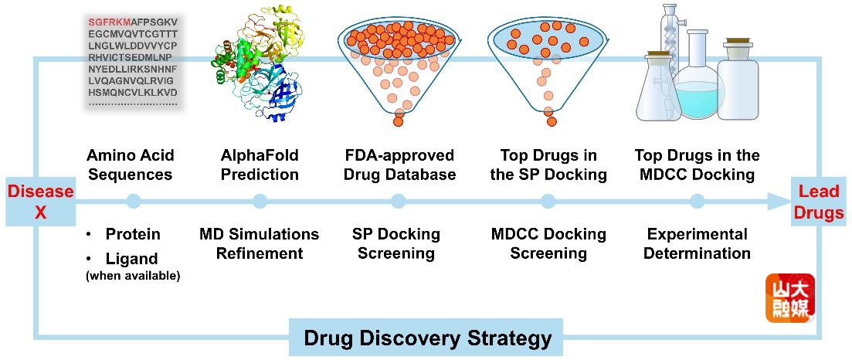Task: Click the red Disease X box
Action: pos(39,202)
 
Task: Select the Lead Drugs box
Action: pos(820,202)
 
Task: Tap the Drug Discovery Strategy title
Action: pos(427,338)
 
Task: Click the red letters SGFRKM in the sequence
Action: pos(108,22)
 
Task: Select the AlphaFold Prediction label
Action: pos(260,165)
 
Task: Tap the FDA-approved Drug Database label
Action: pos(399,165)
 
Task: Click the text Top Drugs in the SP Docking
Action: pos(548,165)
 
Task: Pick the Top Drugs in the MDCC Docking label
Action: pos(698,165)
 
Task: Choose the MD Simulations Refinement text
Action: pos(259,243)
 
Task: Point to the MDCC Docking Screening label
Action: pos(548,243)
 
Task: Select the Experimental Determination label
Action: pos(697,243)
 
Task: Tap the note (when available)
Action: pos(133,276)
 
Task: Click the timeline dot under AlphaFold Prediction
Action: pos(260,202)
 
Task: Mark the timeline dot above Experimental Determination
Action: pos(698,202)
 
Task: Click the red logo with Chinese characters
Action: pos(789,298)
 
